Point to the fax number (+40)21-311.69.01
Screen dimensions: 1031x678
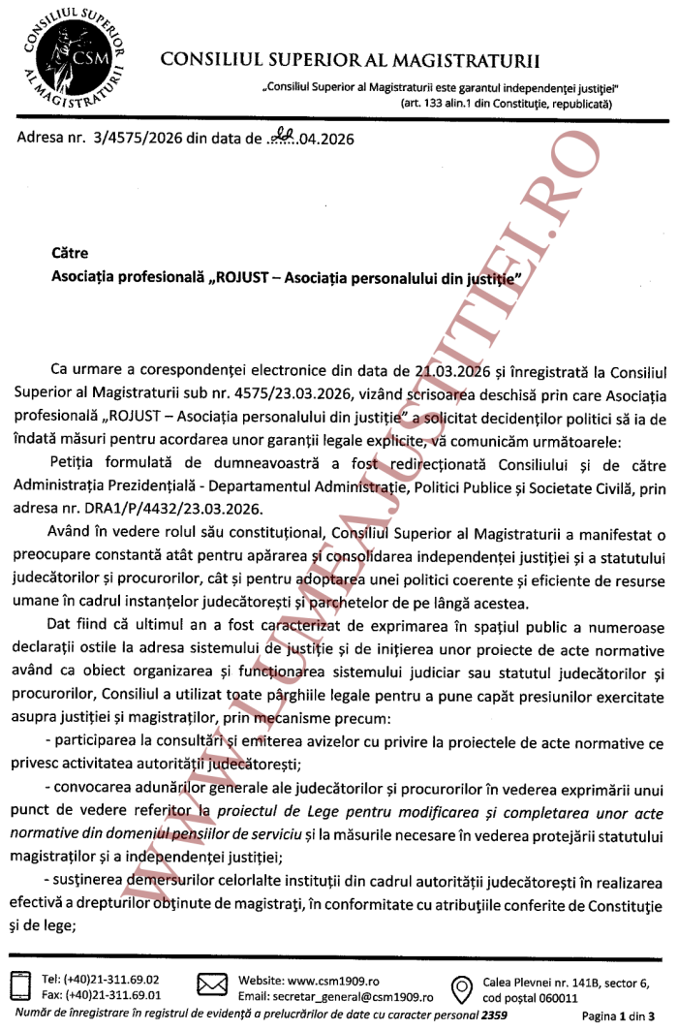[112, 995]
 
